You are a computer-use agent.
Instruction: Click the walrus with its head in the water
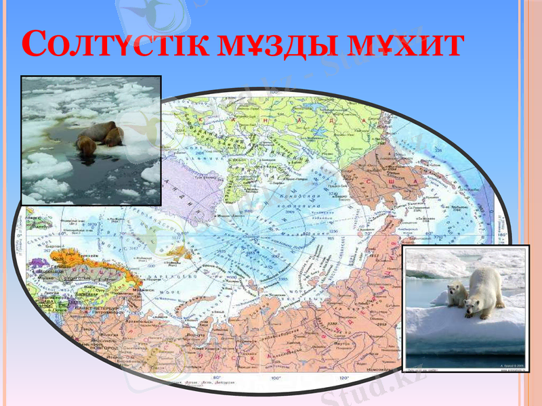(86, 145)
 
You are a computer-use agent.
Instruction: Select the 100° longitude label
(275, 377)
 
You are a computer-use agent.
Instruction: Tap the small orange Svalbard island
(179, 251)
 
